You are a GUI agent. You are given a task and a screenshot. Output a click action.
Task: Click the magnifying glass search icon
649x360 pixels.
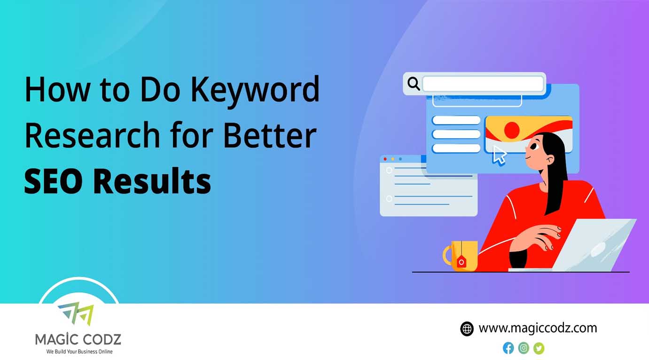click(414, 84)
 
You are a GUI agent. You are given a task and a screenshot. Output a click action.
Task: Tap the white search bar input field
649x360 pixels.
click(483, 84)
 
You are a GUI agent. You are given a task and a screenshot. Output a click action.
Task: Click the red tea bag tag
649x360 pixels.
click(461, 262)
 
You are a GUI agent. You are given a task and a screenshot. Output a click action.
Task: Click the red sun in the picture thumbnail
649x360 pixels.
click(511, 130)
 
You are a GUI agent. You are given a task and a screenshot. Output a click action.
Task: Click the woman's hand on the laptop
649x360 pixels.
click(543, 235)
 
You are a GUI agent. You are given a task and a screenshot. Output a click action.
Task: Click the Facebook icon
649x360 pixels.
click(508, 348)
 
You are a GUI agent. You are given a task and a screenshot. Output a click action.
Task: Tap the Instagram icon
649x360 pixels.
click(524, 348)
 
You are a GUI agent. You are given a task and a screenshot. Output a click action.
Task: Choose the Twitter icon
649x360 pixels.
click(539, 348)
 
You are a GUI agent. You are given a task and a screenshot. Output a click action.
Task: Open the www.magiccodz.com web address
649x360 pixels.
click(538, 328)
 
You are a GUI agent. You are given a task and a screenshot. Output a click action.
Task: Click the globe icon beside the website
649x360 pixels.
click(467, 329)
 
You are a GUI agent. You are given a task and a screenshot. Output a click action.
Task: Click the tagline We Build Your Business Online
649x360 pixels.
click(79, 352)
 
